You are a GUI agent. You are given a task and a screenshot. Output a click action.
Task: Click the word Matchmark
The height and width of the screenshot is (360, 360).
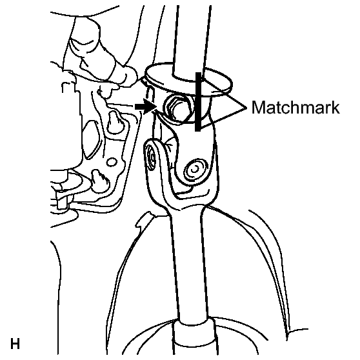click(295, 107)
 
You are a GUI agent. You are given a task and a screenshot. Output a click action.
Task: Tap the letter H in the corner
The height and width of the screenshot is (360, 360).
click(15, 344)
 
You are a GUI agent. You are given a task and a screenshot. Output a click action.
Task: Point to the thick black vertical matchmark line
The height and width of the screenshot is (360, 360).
click(198, 102)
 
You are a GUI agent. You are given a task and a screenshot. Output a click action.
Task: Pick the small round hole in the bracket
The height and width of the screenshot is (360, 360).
click(112, 162)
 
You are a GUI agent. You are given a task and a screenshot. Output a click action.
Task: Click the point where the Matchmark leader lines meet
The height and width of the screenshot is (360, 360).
click(246, 108)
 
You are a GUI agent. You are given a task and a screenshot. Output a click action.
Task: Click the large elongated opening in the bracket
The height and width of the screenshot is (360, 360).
click(91, 140)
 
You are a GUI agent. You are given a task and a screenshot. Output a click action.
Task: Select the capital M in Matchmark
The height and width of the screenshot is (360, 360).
click(258, 108)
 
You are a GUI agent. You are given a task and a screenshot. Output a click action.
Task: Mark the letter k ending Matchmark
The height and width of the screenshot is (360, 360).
click(335, 107)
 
